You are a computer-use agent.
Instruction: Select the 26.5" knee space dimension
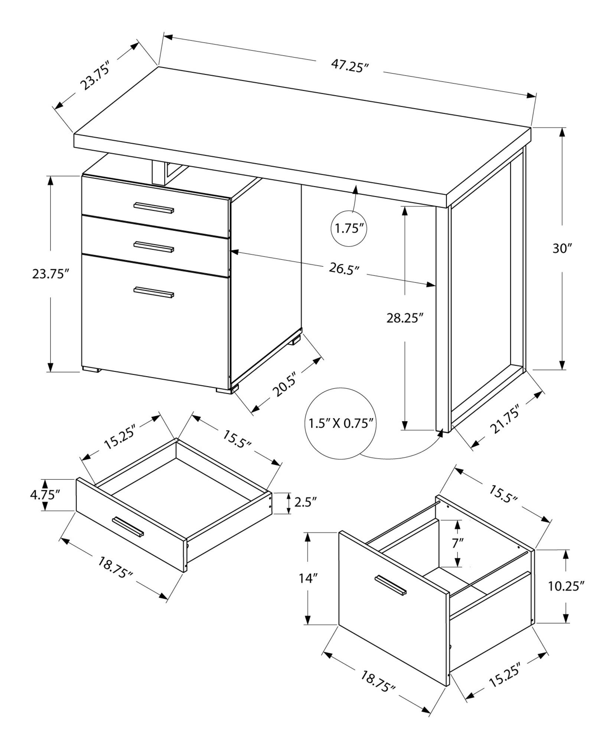coord(344,269)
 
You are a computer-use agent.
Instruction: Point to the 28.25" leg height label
coord(405,318)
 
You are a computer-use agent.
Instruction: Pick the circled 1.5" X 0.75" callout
coord(341,423)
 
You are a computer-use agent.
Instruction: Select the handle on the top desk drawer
coord(154,208)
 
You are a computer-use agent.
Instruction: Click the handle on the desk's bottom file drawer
coord(154,292)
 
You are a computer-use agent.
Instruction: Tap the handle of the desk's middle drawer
coord(154,246)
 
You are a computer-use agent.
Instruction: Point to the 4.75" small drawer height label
coord(44,495)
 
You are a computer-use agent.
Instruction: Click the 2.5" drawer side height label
coord(305,503)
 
